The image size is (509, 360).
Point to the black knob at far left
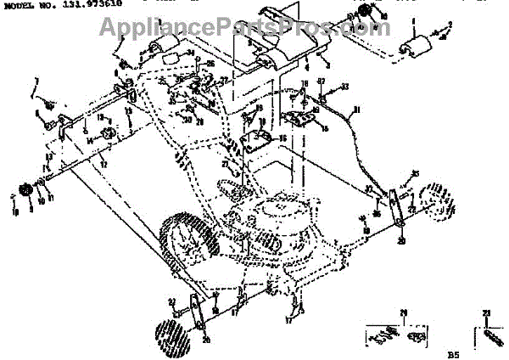point(25,188)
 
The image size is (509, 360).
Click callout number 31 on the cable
point(356,109)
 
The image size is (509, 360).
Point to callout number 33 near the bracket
point(344,87)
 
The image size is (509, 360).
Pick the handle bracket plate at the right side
point(396,206)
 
